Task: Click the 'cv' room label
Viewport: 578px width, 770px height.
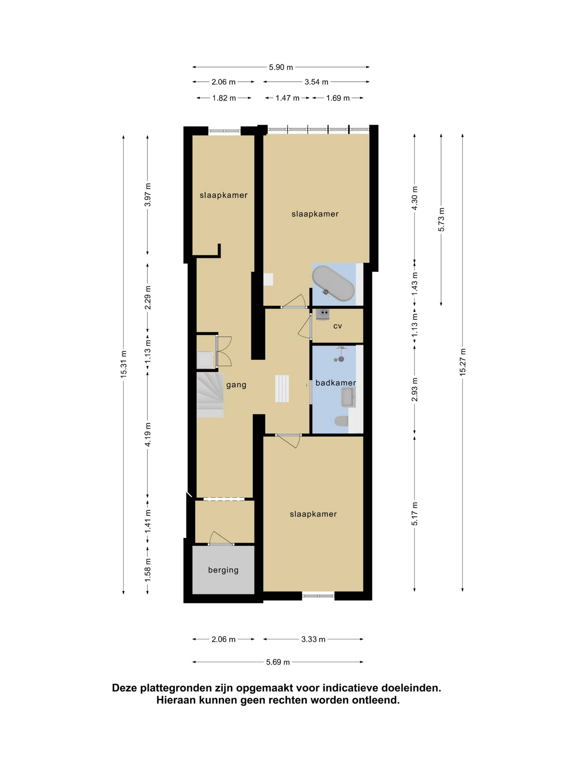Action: [x=337, y=326]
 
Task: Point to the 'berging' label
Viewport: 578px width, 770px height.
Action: [x=223, y=570]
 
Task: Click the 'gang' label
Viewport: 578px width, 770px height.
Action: [x=236, y=385]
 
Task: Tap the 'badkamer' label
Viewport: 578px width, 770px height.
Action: [x=336, y=383]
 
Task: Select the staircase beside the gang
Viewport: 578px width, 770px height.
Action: [x=210, y=395]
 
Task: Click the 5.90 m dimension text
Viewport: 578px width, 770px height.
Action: [x=281, y=67]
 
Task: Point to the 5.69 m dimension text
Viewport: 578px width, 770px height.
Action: [x=278, y=662]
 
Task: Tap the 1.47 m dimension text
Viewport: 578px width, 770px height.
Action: [x=287, y=98]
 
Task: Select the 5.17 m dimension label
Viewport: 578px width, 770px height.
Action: [x=415, y=514]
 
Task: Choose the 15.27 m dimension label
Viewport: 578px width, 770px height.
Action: [x=463, y=362]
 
